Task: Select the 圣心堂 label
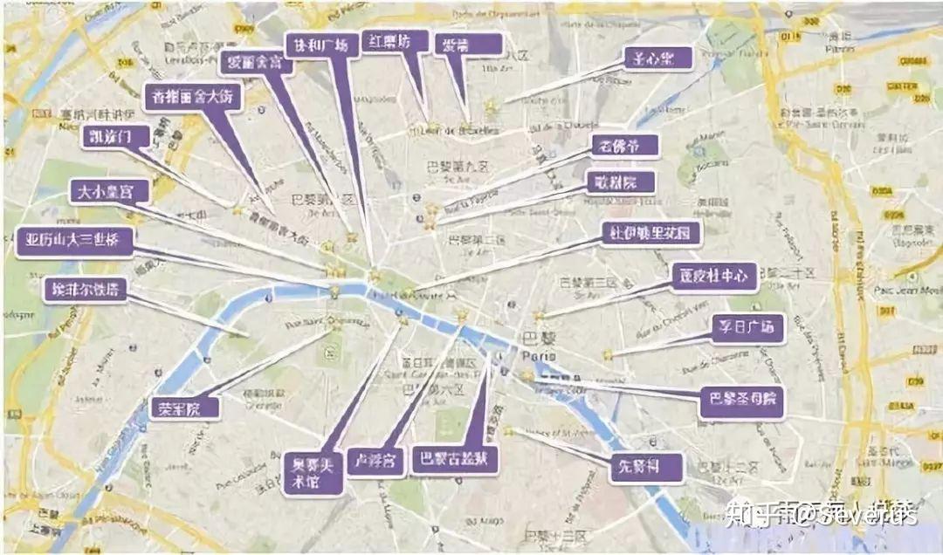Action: (657, 58)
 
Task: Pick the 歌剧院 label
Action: (621, 182)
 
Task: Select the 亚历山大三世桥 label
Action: (74, 241)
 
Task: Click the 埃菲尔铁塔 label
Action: (85, 290)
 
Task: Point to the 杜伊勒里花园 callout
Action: (650, 234)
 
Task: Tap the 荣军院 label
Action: (184, 408)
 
